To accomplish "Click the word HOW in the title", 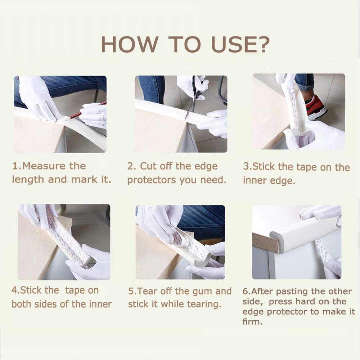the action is (x=130, y=44).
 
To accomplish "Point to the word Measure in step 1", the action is (x=54, y=166).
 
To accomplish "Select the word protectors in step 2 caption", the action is (x=152, y=180).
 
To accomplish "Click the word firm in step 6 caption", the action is (x=252, y=321).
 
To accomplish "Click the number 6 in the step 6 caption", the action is (x=245, y=292).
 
